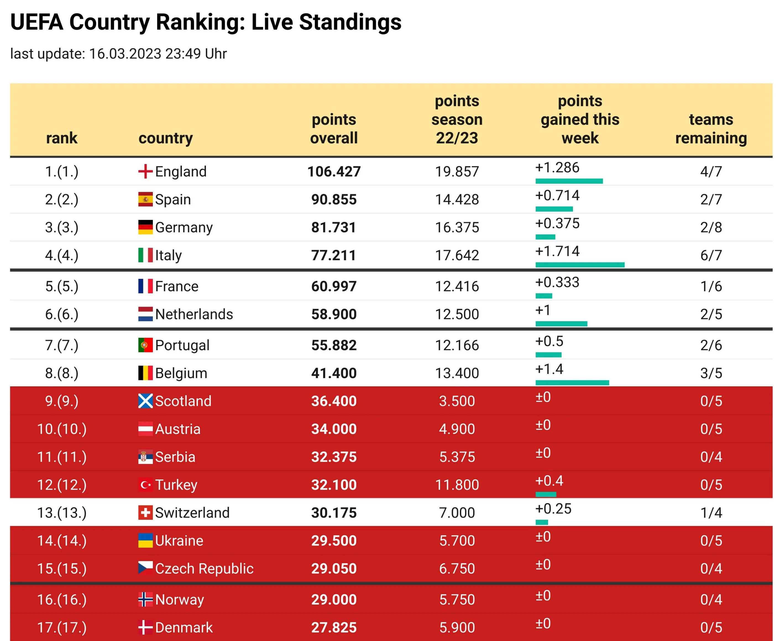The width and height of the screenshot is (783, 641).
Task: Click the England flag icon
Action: tap(145, 171)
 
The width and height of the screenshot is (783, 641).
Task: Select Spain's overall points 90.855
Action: tap(334, 199)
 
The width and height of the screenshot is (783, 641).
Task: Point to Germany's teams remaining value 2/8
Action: tap(711, 227)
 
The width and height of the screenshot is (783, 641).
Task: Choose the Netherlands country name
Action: tap(194, 314)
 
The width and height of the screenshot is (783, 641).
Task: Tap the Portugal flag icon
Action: tap(145, 345)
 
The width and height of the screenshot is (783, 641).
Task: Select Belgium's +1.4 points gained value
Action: tap(549, 369)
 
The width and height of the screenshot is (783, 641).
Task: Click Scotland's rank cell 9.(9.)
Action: tap(62, 401)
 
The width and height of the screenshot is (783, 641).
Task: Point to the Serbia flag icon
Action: tap(145, 457)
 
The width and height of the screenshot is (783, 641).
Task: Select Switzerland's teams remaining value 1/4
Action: tap(711, 513)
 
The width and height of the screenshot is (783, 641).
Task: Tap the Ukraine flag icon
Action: tap(145, 540)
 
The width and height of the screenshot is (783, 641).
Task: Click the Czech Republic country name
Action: tap(204, 569)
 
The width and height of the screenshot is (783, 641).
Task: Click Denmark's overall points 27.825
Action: tap(334, 627)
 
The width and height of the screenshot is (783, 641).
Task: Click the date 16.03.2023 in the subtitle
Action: tap(125, 54)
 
